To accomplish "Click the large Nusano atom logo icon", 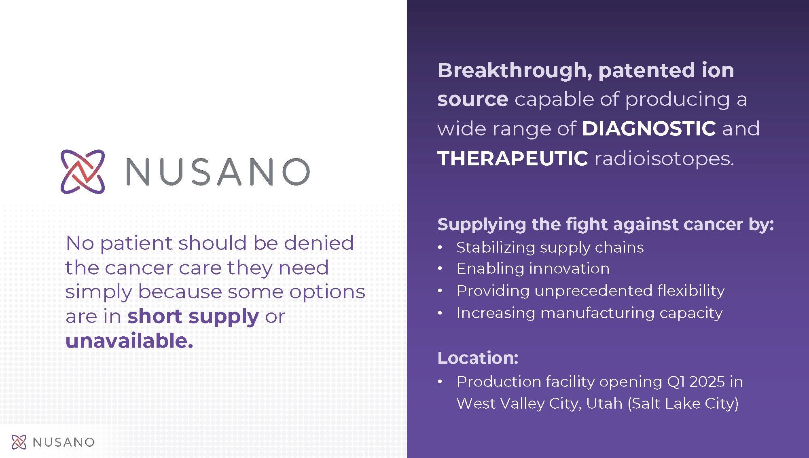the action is tap(83, 172).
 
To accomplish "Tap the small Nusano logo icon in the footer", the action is tap(19, 442).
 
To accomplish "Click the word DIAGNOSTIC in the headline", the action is tap(649, 129).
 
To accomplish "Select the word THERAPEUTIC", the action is tap(513, 158).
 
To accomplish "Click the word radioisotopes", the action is tap(664, 158).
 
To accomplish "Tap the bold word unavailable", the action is tap(129, 340).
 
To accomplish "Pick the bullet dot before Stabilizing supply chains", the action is tap(440, 248).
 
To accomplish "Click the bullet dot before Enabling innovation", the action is tap(440, 269).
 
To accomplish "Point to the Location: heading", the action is tap(478, 358).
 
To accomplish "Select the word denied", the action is tap(319, 243).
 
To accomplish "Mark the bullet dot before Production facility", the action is tap(440, 382).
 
